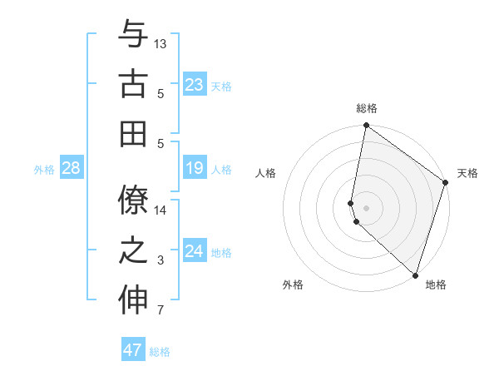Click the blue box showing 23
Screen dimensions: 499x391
tap(194, 84)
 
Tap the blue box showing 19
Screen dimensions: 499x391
tap(194, 169)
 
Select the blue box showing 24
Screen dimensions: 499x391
tap(194, 251)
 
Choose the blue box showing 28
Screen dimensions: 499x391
tap(71, 169)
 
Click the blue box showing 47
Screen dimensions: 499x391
tap(133, 350)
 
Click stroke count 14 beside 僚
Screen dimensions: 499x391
tap(161, 210)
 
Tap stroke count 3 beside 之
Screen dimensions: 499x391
tap(161, 260)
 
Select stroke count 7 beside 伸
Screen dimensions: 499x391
tap(161, 311)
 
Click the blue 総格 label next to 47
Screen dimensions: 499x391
tap(160, 352)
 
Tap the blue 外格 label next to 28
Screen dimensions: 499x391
tap(44, 170)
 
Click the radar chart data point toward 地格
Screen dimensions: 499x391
tap(415, 275)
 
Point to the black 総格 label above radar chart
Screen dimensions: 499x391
tap(367, 108)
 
